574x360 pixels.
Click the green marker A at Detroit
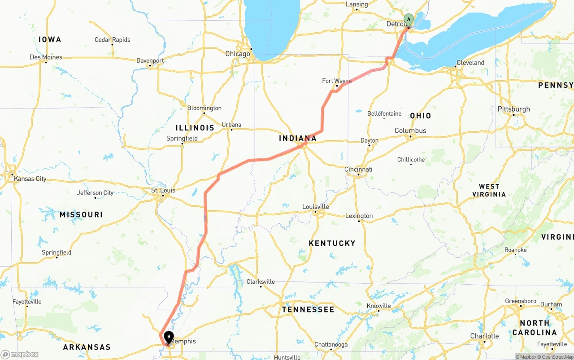[408, 20]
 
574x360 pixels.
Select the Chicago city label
[238, 54]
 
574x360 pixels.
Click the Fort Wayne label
[337, 81]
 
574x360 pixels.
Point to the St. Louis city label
[163, 190]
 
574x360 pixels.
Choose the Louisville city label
[316, 207]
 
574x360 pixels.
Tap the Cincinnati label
[358, 169]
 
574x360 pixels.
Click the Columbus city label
[410, 130]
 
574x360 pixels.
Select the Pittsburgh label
[513, 109]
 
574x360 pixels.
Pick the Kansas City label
[30, 178]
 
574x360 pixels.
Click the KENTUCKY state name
[332, 243]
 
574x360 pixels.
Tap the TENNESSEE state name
[308, 309]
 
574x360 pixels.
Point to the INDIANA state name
[298, 138]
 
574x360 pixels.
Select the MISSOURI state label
[81, 215]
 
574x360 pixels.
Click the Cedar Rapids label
[112, 39]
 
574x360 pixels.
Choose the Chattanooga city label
[331, 344]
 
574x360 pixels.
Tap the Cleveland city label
[470, 63]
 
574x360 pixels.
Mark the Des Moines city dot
[46, 62]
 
